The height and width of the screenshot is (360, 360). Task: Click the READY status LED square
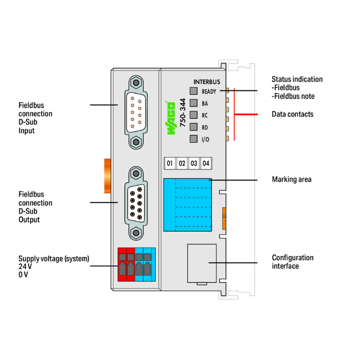point(194,91)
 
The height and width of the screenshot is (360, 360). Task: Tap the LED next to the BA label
point(194,103)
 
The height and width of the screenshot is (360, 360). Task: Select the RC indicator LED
point(194,115)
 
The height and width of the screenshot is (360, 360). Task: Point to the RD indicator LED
point(194,127)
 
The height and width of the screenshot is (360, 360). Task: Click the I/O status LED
point(194,139)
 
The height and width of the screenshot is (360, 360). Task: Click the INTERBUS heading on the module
point(206,82)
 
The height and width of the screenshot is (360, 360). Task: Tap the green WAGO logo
point(171,118)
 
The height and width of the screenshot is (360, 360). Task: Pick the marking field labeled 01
point(169,163)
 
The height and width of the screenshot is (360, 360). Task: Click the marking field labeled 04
point(205,163)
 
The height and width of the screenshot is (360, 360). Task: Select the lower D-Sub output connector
point(136,203)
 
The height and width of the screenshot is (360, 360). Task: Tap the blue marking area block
point(187,204)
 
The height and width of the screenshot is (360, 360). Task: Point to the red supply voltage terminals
point(126,264)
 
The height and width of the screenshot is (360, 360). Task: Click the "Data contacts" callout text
point(292,114)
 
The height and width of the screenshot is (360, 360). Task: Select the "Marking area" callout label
point(291,180)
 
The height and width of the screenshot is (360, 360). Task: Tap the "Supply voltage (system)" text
point(54,258)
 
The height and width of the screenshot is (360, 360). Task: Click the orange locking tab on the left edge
point(107,176)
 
